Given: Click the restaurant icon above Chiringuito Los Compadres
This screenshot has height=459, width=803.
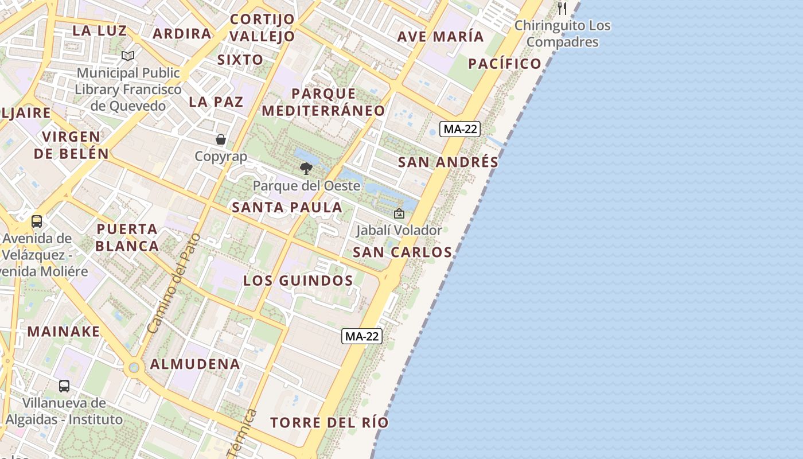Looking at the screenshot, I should pos(562,9).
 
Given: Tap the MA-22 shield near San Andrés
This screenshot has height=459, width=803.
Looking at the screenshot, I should pos(460,129).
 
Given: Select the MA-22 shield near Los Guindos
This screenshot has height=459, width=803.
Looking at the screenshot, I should pos(362,336).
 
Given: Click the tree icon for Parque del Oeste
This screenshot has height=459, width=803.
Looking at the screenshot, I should pos(306,169).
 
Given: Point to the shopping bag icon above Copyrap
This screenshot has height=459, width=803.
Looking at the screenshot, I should pos(221,139).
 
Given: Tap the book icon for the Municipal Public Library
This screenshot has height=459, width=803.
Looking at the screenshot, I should pos(128,56).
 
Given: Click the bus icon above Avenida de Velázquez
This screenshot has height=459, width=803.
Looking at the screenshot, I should pos(37,221).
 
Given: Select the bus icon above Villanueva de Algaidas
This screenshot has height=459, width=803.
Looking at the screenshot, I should pos(64,386).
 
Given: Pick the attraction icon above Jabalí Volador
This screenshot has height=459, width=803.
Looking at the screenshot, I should pos(399,214).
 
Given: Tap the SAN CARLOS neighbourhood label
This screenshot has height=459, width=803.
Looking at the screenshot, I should pos(402,252).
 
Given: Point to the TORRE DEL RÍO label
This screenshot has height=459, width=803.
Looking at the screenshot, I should pos(329,423).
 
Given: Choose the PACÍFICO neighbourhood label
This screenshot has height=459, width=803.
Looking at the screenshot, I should pos(505,64).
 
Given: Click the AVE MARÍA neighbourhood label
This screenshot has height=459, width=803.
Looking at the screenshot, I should pos(441,37).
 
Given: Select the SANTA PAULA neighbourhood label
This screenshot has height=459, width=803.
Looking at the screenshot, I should pos(287,208).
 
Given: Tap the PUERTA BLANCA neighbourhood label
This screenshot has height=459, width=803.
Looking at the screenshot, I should pos(127,238).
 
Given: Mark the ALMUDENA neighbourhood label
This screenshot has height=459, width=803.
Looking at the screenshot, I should pos(195,364).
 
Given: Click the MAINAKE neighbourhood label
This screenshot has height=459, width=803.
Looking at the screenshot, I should pos(64,332).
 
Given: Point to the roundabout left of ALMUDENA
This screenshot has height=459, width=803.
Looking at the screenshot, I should pos(134,367).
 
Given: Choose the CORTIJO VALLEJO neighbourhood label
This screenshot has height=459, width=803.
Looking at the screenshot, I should pos(262,28).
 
